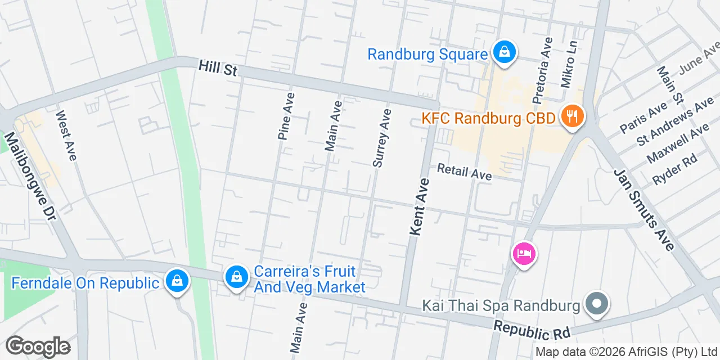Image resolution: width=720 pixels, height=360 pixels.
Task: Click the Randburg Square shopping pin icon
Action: coord(505,52)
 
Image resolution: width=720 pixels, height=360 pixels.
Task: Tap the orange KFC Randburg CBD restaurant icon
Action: coord(573,117)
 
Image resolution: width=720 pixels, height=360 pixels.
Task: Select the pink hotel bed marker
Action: coord(524,253)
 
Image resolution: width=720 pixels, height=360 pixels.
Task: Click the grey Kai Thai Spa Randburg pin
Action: coord(597,304)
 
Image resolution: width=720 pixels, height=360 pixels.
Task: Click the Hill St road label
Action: coord(218,69)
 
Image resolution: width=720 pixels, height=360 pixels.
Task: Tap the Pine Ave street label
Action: coord(286,116)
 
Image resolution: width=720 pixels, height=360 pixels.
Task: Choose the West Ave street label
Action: coord(65,135)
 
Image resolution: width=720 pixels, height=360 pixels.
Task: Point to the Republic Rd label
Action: coord(531,330)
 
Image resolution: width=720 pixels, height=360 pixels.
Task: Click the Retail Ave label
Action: coord(464,172)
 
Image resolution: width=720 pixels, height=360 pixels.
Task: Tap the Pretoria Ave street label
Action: coord(543,71)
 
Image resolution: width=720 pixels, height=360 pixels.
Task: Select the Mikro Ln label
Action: coord(569,63)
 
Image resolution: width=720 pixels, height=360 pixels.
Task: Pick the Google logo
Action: coord(38,346)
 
